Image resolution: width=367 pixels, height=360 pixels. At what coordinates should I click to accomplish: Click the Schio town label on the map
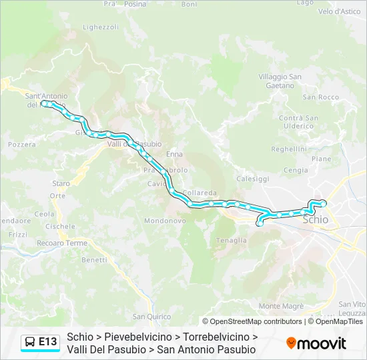tap(316, 219)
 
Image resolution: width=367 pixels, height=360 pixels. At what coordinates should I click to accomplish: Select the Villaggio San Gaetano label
tap(280, 81)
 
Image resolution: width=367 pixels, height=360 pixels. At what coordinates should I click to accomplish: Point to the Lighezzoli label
tap(100, 27)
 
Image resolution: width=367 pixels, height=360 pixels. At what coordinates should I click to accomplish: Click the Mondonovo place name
tap(164, 221)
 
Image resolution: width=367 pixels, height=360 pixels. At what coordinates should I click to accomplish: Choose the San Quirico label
tap(151, 317)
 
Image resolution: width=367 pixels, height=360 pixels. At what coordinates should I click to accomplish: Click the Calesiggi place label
tap(253, 179)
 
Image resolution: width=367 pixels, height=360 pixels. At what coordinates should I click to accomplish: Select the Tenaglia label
tap(232, 240)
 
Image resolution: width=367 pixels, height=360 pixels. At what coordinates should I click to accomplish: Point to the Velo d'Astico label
tap(339, 11)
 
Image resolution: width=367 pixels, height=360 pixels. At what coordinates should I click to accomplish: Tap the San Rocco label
tap(321, 97)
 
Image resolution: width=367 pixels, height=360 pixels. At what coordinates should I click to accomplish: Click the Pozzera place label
tap(22, 144)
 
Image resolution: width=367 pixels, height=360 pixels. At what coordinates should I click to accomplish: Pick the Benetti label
tap(94, 259)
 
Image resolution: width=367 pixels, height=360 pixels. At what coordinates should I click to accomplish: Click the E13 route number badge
tap(47, 342)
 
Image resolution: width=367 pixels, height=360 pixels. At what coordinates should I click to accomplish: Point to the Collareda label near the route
tap(200, 192)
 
